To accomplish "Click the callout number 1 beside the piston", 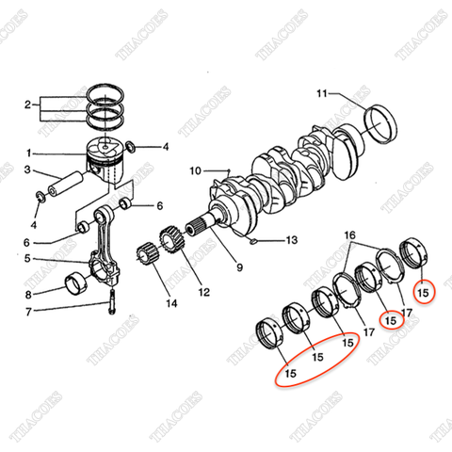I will tap(28, 152).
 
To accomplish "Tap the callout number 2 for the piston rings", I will tap(28, 105).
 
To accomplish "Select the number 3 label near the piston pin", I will tap(28, 170).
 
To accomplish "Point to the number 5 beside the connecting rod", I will tap(28, 258).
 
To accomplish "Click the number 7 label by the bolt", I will tap(28, 311).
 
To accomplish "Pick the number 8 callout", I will tap(28, 294).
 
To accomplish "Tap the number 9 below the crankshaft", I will tap(238, 267).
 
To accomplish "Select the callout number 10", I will tap(195, 170).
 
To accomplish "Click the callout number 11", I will tap(321, 93).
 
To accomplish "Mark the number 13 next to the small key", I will tap(291, 240).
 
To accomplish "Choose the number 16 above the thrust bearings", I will tap(348, 234).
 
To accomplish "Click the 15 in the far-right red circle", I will tap(423, 294).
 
